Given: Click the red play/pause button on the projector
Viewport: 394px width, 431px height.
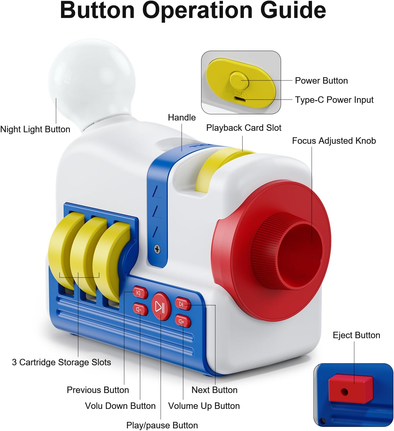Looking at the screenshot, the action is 161,306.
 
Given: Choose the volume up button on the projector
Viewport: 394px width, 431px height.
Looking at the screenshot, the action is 182,321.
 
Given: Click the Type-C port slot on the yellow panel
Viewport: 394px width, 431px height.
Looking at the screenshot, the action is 241,99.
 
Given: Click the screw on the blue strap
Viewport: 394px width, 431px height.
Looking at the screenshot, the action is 157,249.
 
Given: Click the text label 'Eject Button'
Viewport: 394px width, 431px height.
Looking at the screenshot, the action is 356,335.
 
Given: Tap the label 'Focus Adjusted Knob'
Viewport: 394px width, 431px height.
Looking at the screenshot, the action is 334,141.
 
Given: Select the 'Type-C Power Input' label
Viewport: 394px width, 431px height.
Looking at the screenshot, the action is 334,100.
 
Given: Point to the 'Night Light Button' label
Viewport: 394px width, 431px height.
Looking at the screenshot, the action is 35,129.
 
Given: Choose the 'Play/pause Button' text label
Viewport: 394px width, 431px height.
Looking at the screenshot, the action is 162,425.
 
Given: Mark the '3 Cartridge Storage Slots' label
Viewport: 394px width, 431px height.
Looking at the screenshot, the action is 61,362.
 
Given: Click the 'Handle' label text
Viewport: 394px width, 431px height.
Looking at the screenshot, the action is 182,118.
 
